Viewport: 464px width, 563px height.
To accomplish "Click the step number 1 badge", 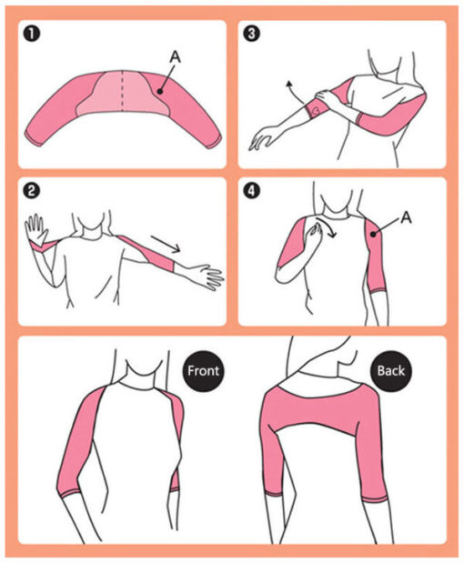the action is pyautogui.click(x=32, y=35).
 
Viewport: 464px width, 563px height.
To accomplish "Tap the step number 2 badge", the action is pyautogui.click(x=32, y=190).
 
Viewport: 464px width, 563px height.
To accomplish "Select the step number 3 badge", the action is pyautogui.click(x=252, y=34).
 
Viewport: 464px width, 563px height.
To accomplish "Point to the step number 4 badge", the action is pyautogui.click(x=251, y=190).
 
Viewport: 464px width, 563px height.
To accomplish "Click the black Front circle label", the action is pyautogui.click(x=203, y=371).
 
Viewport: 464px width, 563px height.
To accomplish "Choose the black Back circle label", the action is pyautogui.click(x=391, y=371).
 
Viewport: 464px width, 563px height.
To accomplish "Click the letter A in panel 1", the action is pyautogui.click(x=175, y=56).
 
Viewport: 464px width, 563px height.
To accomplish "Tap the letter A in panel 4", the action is pyautogui.click(x=406, y=217).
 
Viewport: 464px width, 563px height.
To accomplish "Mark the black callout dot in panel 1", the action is pyautogui.click(x=160, y=92).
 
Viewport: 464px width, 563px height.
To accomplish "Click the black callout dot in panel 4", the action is pyautogui.click(x=374, y=234).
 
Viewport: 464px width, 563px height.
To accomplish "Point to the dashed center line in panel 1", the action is pyautogui.click(x=122, y=90).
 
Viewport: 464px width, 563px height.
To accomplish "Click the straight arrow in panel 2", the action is pyautogui.click(x=166, y=244).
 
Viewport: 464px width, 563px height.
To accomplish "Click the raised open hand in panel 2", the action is pyautogui.click(x=36, y=229).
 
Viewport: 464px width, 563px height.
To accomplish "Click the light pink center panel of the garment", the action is pyautogui.click(x=123, y=94).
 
